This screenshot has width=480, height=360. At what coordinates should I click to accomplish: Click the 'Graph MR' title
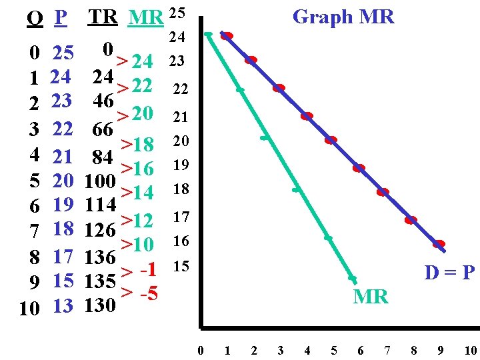point(343,17)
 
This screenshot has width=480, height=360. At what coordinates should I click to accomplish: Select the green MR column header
point(145,18)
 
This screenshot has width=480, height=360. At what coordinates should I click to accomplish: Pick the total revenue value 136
point(101,257)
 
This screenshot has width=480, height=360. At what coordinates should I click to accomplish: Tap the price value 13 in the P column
point(63,307)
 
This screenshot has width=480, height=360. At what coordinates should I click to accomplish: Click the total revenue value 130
point(101,307)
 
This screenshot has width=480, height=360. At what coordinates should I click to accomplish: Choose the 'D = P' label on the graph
point(449,273)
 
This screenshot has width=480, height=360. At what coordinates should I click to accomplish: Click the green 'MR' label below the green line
point(371,297)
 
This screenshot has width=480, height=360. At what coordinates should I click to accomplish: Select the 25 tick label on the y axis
point(177,13)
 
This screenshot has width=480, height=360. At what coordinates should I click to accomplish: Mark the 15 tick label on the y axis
point(181,267)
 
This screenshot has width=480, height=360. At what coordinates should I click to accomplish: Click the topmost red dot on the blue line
point(227,36)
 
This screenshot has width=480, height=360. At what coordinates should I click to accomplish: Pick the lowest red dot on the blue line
point(439,244)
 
